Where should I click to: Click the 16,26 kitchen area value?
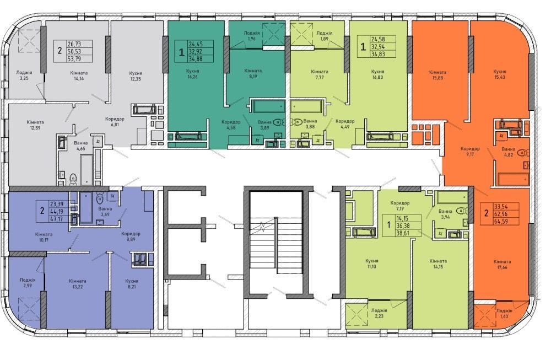192,77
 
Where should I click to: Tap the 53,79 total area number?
74,58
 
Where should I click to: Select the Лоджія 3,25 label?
24,75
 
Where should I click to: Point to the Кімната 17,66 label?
502,265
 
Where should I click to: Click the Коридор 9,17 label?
470,151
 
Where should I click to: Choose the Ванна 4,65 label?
81,146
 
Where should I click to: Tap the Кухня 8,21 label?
132,284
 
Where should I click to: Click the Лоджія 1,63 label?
504,314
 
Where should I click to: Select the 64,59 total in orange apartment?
501,222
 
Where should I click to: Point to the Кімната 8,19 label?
253,73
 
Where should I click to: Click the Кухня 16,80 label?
378,74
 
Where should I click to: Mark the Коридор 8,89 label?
131,237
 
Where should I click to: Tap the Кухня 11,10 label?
371,264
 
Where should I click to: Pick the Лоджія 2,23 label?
379,313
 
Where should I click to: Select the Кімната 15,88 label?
438,75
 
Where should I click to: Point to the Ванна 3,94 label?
445,214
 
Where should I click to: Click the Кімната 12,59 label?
35,125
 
